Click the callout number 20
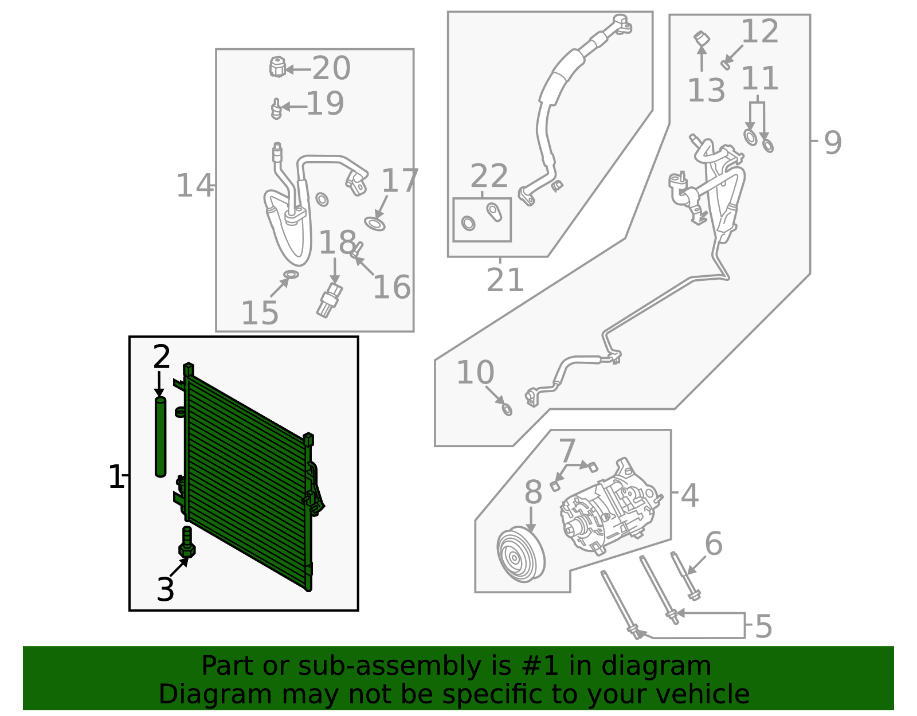tap(331, 68)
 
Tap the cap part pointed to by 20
tap(277, 67)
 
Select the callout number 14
tap(194, 186)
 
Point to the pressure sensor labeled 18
tap(330, 299)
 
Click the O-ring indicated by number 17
tap(374, 224)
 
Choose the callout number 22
tap(489, 176)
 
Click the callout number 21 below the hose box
tap(505, 280)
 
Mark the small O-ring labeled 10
tap(507, 409)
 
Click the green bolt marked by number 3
tap(187, 543)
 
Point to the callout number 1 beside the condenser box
tap(116, 477)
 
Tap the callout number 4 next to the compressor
tap(689, 495)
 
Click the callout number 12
tap(760, 31)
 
